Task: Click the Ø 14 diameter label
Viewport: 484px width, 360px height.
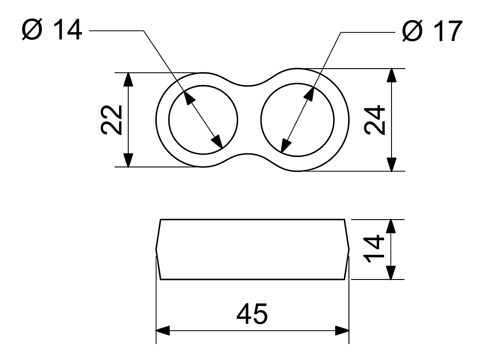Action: pos(52,30)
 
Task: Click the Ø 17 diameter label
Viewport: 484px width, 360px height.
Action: pos(432,31)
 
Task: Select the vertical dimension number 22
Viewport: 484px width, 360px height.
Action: pos(112,120)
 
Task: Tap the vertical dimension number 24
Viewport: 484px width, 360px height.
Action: pos(375,120)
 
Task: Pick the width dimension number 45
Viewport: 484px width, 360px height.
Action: pos(252,314)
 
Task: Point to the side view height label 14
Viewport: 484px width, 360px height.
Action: pos(374,249)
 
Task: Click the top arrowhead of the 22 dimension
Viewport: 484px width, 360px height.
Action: pos(128,79)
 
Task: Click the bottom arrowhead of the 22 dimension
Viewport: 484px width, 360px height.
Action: pos(128,160)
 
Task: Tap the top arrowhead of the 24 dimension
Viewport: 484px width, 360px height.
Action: pos(392,75)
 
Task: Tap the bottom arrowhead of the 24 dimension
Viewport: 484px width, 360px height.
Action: pos(392,164)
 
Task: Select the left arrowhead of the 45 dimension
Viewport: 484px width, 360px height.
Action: pos(163,330)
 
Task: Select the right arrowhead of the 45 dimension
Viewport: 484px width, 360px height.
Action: pos(342,330)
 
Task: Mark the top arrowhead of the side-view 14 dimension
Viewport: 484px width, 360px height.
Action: pos(391,226)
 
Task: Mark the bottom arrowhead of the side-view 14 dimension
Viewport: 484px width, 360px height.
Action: pos(391,273)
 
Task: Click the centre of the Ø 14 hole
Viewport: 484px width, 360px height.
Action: pos(203,120)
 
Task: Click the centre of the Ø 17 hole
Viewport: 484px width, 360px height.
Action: pos(297,120)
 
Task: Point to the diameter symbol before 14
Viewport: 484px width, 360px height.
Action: pos(32,30)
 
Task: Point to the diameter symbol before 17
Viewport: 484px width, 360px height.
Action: pos(413,31)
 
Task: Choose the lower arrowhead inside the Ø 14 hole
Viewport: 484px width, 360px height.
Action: pos(217,142)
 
